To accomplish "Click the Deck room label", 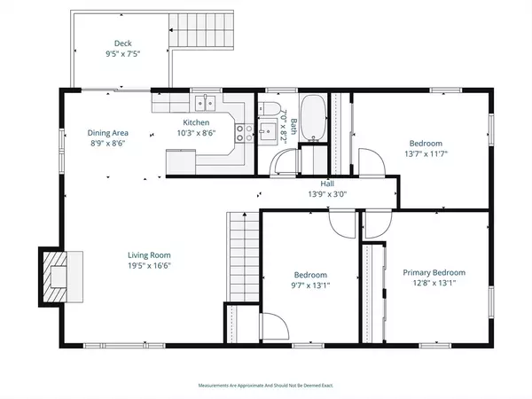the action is coord(123,43).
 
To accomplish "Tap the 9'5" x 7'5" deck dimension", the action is coord(123,54).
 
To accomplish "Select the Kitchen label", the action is coord(196,122).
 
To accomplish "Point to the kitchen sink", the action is coord(205,103).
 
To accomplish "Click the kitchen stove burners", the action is coord(245,133).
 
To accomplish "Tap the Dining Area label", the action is coord(108,133).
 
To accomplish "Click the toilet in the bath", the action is coord(269,109).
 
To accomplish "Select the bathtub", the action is coord(314,118).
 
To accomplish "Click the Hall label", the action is coord(327,184).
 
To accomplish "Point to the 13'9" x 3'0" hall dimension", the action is coord(327,194).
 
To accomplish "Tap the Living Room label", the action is coord(149,255).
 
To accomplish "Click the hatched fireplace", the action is coord(55,277).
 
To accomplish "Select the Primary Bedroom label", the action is coord(434,272).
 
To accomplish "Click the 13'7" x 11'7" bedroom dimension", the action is coord(426,153).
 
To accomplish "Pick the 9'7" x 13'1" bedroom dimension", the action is coord(310,286).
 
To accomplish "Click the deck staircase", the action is coord(201,30).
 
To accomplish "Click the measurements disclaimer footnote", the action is coord(266,386).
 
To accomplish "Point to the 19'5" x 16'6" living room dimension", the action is coord(149,266).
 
